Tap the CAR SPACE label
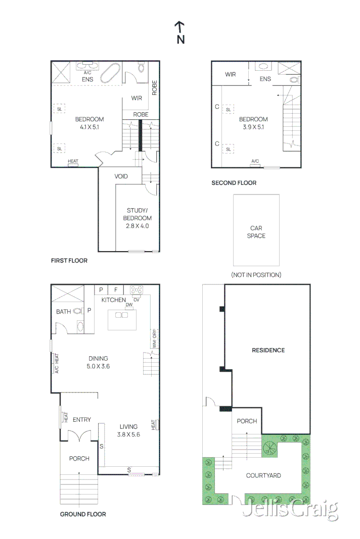pos(256,232)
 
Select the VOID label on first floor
pos(121,176)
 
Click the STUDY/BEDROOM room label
pos(137,218)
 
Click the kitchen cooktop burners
pos(137,290)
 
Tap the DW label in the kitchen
pos(129,305)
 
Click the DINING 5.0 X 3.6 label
pos(98,362)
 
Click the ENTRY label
pos(81,420)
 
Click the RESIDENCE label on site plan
pos(268,350)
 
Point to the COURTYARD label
pos(263,475)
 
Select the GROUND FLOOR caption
pos(83,514)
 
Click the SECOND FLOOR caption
pos(234,183)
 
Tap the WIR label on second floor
pos(231,75)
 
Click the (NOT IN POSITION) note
pos(256,275)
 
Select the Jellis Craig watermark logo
pos(290,510)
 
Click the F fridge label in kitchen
pos(115,290)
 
